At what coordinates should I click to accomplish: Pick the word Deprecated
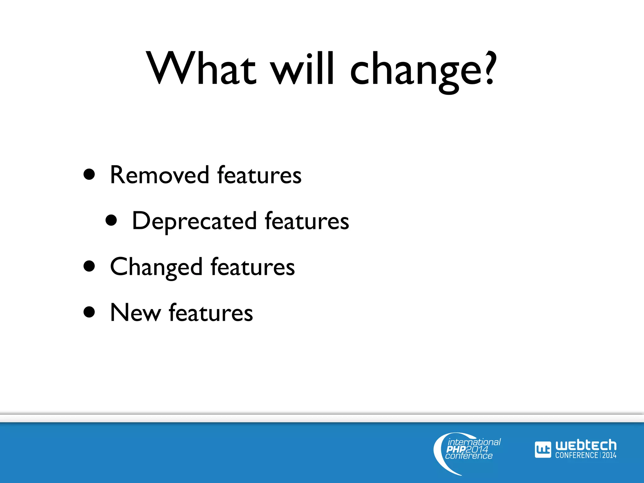coord(194,221)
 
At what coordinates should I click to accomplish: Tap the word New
coord(135,313)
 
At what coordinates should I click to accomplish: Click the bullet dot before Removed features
coord(89,175)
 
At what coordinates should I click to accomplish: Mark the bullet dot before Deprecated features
coord(111,220)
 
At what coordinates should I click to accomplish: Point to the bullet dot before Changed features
coord(89,266)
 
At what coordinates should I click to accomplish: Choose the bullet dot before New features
coord(89,312)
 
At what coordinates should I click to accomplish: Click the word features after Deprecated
coord(307,221)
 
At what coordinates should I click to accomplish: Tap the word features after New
coord(211,313)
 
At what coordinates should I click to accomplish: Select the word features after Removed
coord(259,175)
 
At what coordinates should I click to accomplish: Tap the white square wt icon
coord(543,450)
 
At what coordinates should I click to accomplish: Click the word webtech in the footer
coord(586,445)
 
